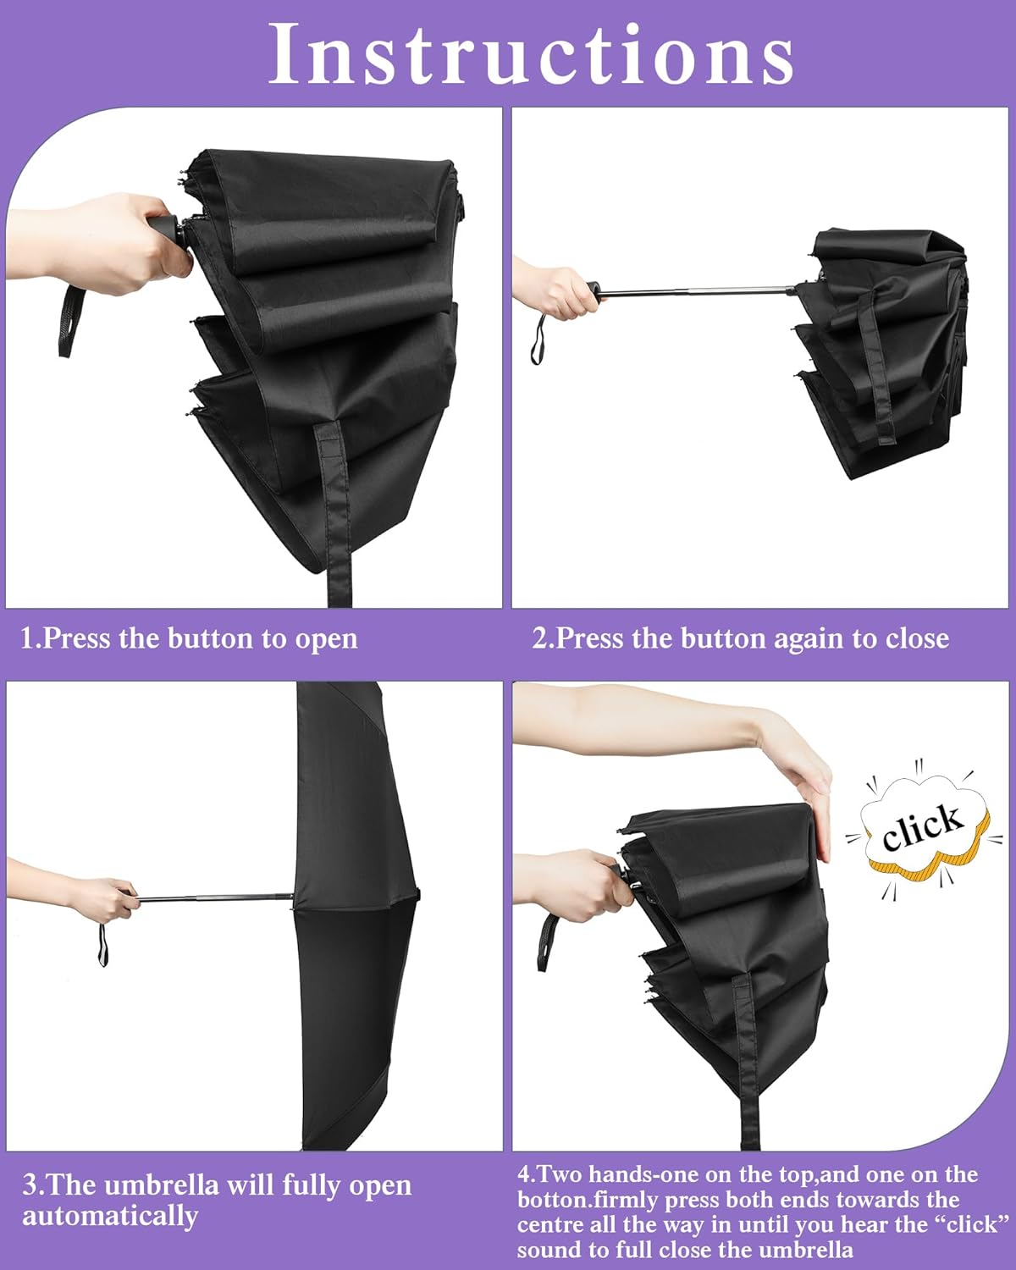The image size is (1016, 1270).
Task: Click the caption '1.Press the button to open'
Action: click(189, 638)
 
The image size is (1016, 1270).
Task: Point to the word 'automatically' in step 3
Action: click(110, 1216)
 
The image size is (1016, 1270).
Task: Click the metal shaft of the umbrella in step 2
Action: click(694, 292)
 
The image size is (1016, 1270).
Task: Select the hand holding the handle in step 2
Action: click(555, 292)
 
